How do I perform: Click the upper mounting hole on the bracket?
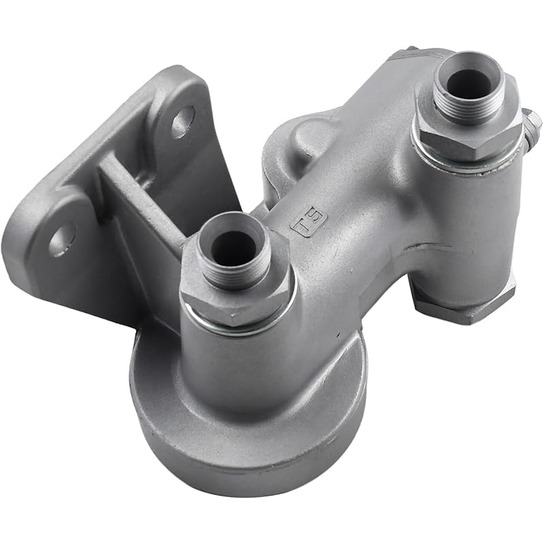click(182, 122)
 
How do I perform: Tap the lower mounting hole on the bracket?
click(61, 239)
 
